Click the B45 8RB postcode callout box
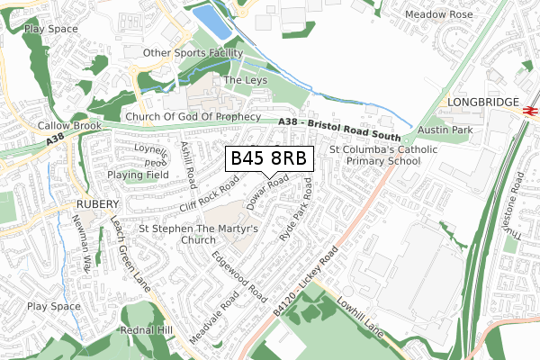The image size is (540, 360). click(269, 158)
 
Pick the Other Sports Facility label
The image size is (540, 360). click(195, 53)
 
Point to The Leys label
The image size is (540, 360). click(245, 80)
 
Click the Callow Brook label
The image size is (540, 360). click(69, 127)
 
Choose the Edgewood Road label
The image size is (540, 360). click(238, 275)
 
